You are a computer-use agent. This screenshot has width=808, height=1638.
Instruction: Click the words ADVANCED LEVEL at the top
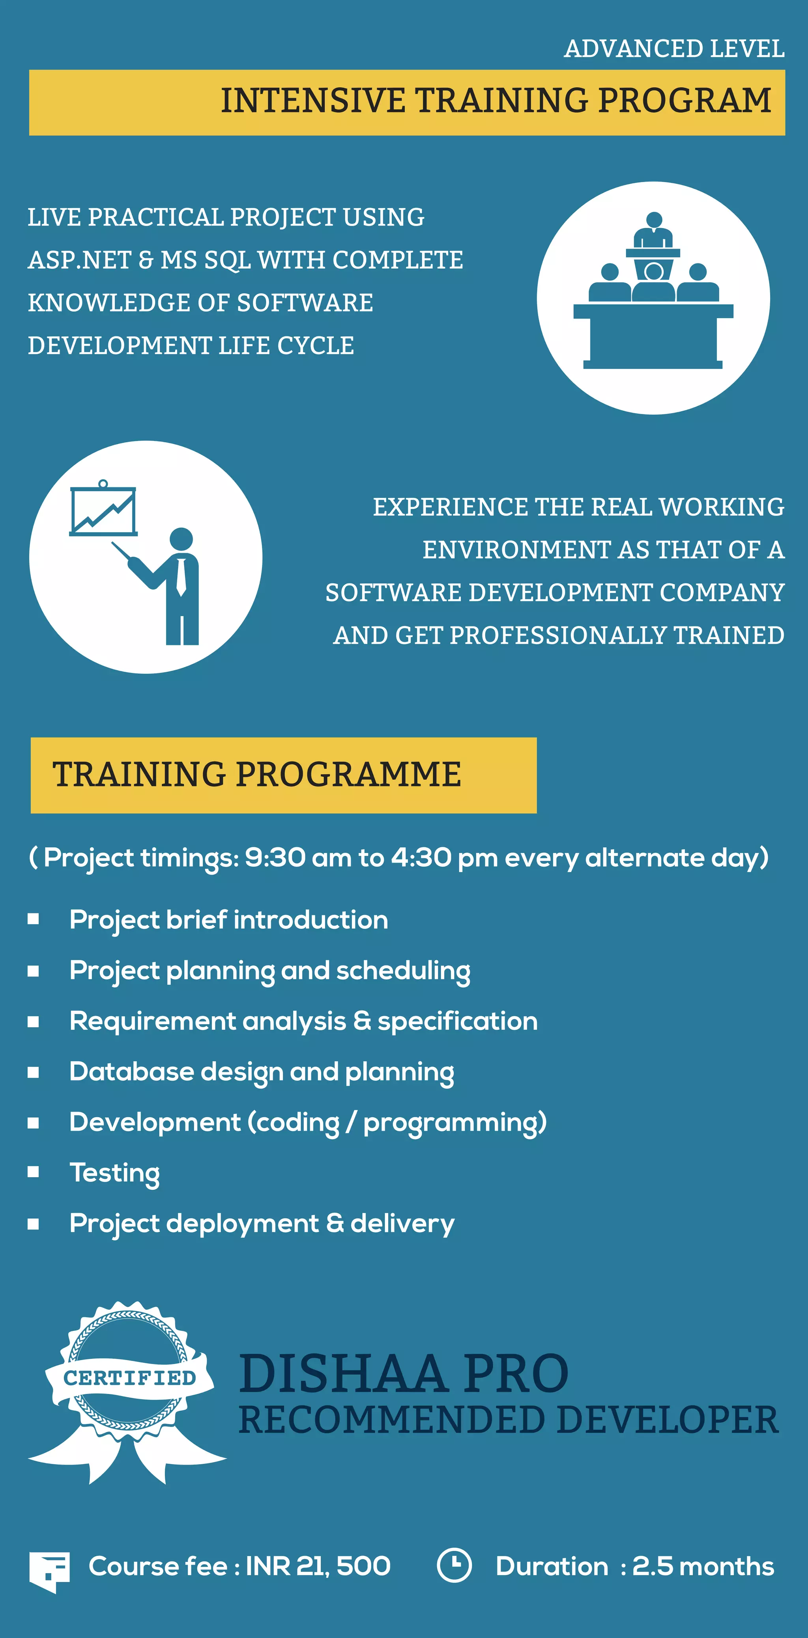tap(674, 49)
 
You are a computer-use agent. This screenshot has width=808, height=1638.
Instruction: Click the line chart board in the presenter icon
tap(103, 511)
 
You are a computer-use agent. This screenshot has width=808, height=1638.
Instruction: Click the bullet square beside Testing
tap(34, 1171)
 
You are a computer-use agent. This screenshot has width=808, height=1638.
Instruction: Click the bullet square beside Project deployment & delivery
tap(34, 1224)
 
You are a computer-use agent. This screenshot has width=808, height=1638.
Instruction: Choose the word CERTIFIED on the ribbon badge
tap(130, 1378)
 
